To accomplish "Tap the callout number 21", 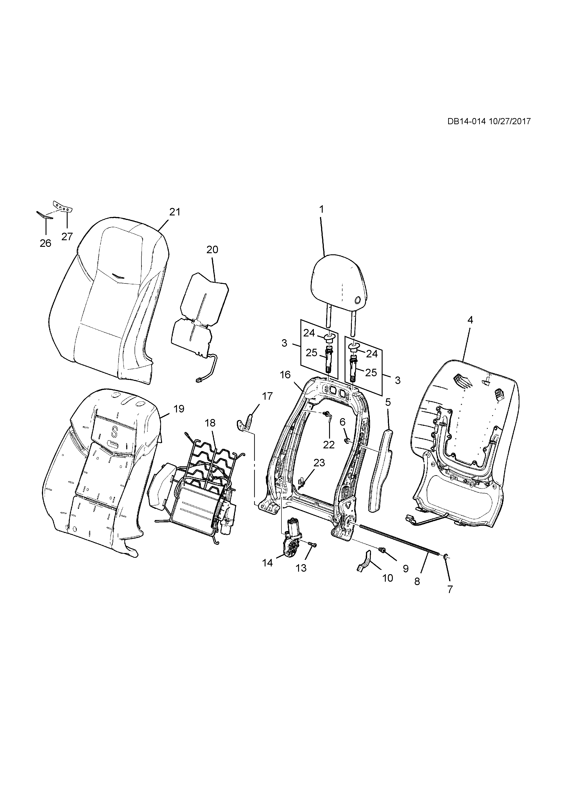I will point(175,212).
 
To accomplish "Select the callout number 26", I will point(46,243).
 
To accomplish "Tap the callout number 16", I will point(285,375).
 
